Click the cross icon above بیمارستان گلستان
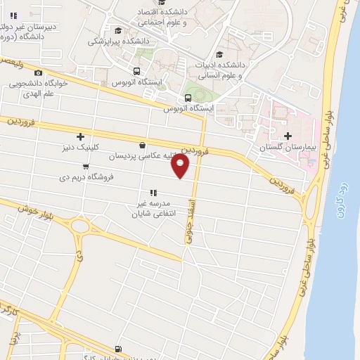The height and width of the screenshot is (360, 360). point(287,136)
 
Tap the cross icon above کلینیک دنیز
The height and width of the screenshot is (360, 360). point(81,136)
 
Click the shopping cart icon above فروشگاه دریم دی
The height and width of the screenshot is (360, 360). point(86,167)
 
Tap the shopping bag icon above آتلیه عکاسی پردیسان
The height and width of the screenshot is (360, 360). point(143,146)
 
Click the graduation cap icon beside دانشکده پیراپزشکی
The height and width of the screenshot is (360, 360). point(118,30)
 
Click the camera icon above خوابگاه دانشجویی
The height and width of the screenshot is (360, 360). point(38,72)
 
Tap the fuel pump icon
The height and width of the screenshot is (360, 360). point(117,349)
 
